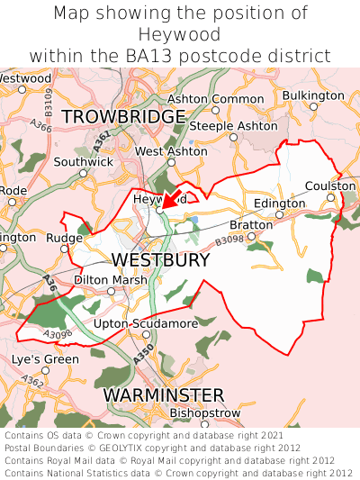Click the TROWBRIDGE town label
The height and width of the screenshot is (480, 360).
point(124,117)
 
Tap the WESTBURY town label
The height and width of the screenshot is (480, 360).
point(160,260)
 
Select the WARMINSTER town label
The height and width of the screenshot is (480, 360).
point(163,395)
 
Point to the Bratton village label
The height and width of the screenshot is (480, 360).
point(249,224)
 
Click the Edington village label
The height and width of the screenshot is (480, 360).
point(279,204)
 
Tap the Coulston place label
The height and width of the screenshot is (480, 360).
point(330,186)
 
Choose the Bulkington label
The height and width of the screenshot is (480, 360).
point(312,95)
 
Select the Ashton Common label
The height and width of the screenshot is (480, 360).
point(216,98)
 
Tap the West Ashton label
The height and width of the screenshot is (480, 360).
point(170,151)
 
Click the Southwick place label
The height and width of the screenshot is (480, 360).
point(83,162)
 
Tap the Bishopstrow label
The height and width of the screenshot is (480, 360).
point(204,412)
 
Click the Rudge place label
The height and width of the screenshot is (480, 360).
point(64,238)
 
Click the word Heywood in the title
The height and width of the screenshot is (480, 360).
point(180,35)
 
